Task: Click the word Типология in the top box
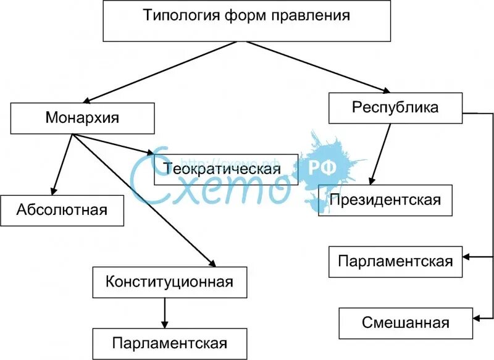click(x=175, y=16)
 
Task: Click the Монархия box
click(x=82, y=117)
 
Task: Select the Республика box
click(x=395, y=107)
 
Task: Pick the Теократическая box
click(x=225, y=169)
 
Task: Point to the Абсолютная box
click(x=62, y=210)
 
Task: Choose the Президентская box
click(x=385, y=199)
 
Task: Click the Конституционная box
click(x=169, y=282)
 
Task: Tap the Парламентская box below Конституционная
click(x=169, y=343)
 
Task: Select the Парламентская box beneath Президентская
click(x=395, y=261)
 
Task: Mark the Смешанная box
click(x=405, y=322)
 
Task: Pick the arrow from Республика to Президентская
click(x=380, y=154)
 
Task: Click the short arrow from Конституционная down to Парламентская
click(x=165, y=313)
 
